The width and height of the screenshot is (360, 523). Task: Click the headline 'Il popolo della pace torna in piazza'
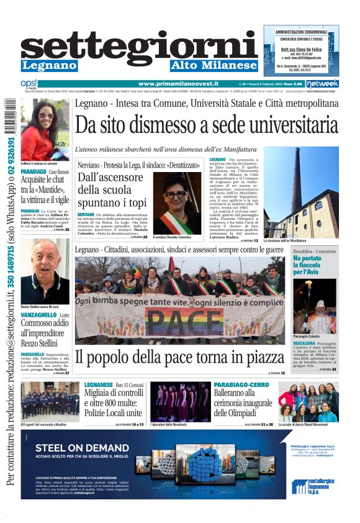(x=179, y=357)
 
